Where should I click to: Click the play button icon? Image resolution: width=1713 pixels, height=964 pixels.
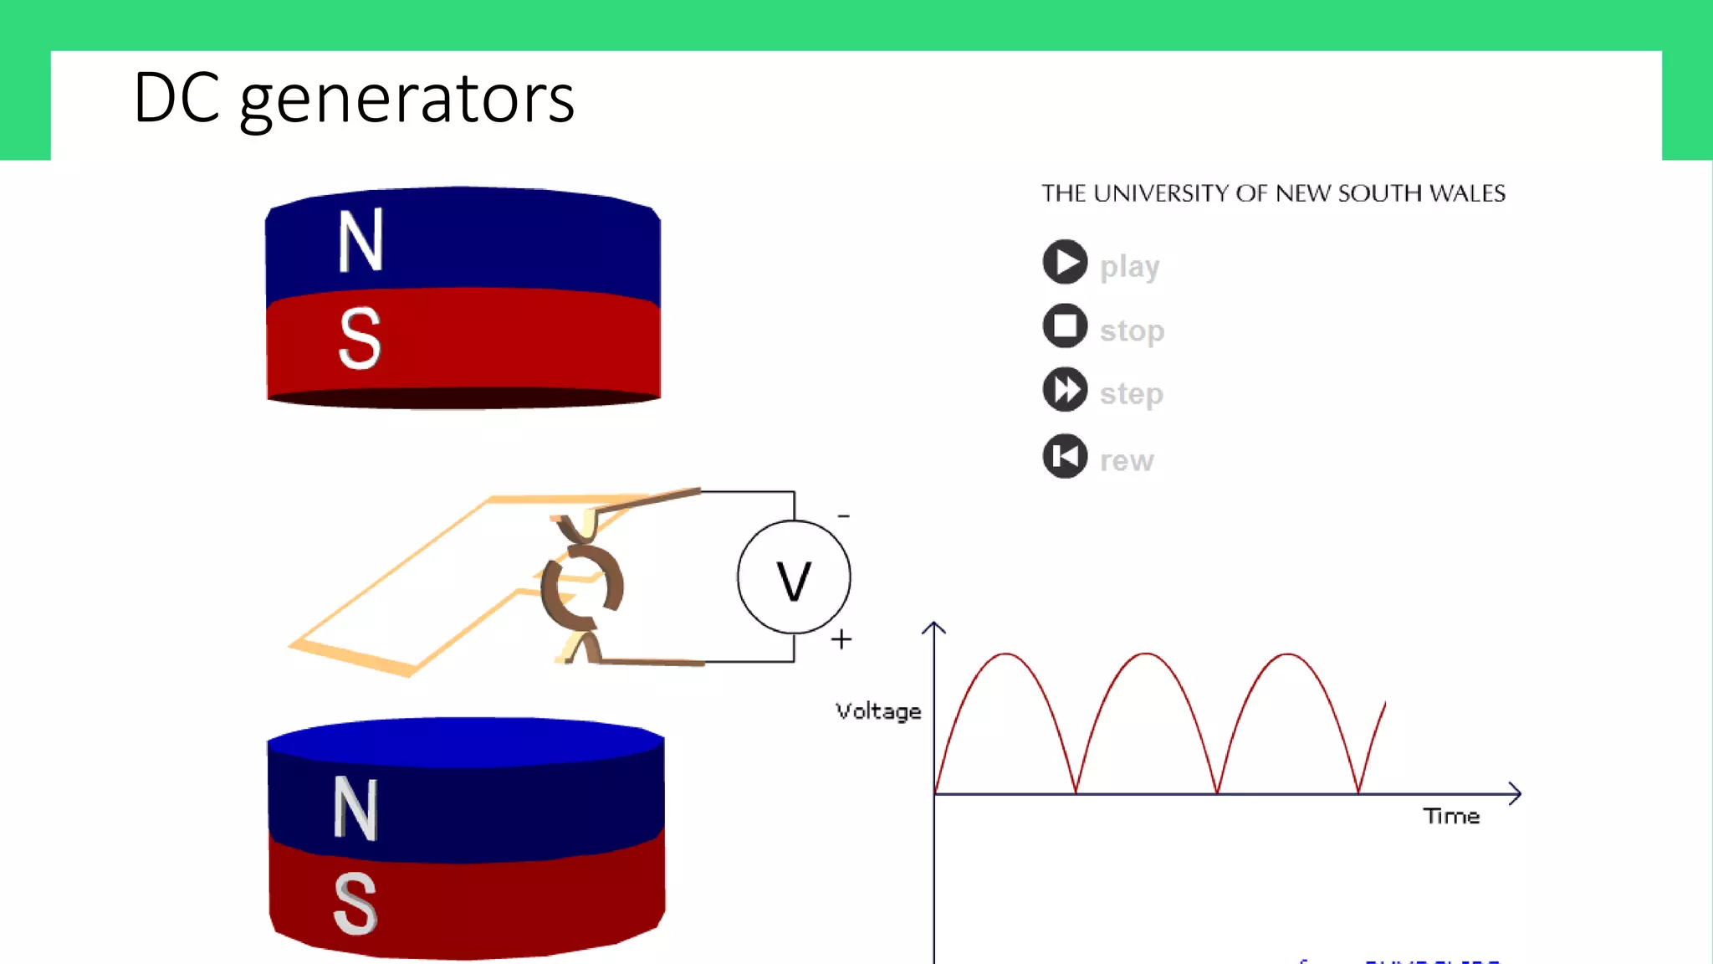[x=1065, y=262]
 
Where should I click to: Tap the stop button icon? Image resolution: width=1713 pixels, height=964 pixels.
[x=1065, y=326]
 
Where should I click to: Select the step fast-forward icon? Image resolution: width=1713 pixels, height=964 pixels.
[x=1065, y=389]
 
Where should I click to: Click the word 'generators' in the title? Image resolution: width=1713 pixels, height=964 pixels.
[x=407, y=100]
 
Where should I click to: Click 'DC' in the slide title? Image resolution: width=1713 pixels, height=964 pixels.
[x=176, y=98]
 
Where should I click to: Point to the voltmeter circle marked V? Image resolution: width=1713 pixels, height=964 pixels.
[x=794, y=577]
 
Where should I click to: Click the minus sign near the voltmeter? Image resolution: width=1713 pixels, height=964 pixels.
[x=844, y=516]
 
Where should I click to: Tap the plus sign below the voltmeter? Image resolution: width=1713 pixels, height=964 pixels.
[x=841, y=639]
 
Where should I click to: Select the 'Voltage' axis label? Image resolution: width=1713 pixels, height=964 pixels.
[x=878, y=711]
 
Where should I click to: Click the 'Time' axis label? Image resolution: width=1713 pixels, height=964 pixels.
[x=1451, y=816]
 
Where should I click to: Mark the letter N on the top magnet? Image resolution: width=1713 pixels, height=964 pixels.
[x=360, y=241]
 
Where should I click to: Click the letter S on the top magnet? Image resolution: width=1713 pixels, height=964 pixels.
[x=360, y=338]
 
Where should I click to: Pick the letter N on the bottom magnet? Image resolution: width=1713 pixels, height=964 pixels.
[x=356, y=808]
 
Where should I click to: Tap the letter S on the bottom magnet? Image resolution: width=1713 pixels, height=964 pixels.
[x=355, y=904]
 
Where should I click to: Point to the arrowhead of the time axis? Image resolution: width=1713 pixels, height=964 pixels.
[x=1515, y=793]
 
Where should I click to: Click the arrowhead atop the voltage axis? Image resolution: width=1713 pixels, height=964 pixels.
[x=933, y=627]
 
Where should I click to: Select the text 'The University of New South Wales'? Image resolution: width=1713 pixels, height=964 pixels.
[x=1273, y=193]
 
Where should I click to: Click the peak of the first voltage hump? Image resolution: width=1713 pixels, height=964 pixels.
[x=1005, y=654]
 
